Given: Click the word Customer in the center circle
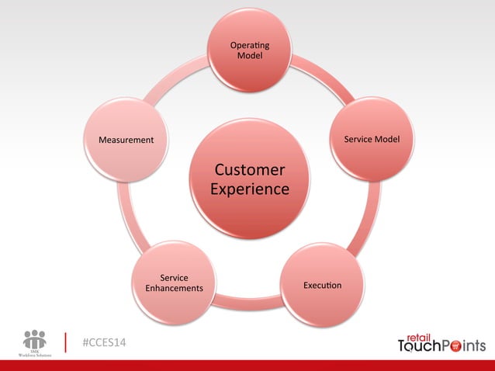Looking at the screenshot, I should (249, 170).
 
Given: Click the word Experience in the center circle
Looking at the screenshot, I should (249, 189).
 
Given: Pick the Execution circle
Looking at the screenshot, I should (322, 284).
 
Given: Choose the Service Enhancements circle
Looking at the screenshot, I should (174, 283).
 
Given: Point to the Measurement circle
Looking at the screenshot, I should (126, 140).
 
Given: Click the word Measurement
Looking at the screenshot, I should (126, 140).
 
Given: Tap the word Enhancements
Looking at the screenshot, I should (174, 289).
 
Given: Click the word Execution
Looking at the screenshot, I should (322, 286).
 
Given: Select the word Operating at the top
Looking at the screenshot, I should (250, 48).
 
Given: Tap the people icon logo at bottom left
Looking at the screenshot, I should (35, 340).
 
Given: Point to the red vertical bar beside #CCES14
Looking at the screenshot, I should (67, 343).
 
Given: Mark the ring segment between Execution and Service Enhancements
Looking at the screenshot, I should (248, 304).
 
